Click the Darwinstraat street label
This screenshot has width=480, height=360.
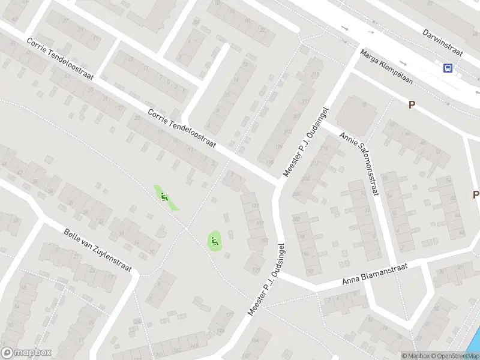(443, 41)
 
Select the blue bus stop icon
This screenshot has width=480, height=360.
(448, 68)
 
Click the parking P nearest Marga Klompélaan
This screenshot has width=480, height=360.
(412, 104)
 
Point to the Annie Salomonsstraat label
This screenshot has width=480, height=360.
(361, 164)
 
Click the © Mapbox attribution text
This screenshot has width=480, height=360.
(416, 356)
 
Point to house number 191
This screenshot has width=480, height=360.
(255, 206)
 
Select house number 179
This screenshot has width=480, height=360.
(256, 270)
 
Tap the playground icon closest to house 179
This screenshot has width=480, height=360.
(214, 241)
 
